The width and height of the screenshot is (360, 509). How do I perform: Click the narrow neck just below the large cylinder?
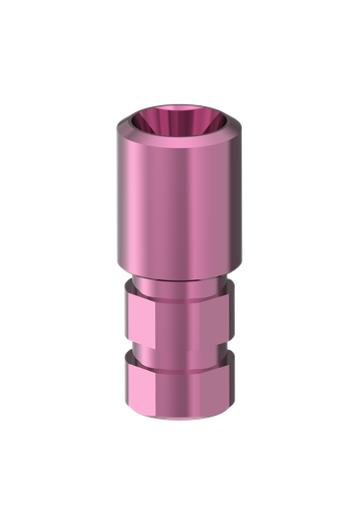point(179,282)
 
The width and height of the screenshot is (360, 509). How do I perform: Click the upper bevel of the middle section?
point(179,295)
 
